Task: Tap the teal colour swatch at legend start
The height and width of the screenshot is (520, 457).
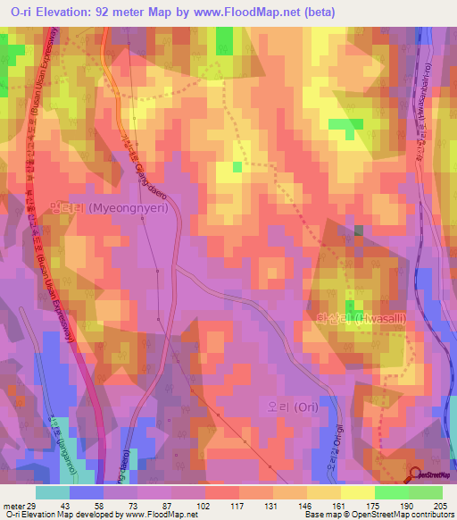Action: point(53,492)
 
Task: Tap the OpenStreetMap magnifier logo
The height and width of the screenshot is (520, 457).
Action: point(416,476)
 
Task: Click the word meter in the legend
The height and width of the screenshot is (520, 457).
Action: point(12,506)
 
